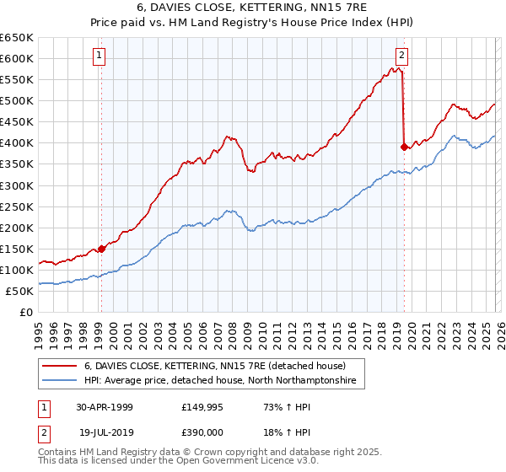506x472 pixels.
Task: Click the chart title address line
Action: (x=252, y=8)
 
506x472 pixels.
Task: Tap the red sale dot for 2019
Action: (x=404, y=147)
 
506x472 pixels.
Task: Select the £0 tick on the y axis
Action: (x=27, y=312)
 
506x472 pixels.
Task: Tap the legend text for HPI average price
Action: (x=220, y=381)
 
